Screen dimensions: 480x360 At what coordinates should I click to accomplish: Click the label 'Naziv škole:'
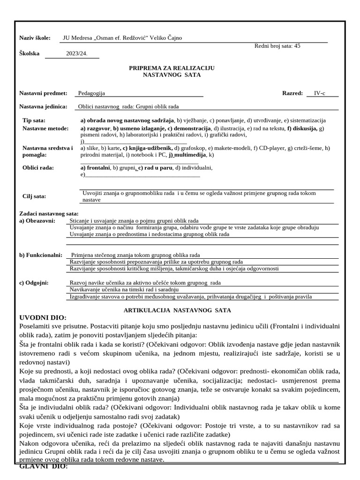coord(34,38)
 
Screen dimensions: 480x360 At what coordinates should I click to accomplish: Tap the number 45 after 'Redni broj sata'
coord(297,46)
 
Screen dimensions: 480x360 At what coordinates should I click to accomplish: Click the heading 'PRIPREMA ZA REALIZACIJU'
coord(172,68)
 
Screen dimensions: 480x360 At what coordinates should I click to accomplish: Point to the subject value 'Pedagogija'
coord(91,93)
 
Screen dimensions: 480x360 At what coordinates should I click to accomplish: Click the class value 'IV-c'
coord(319,93)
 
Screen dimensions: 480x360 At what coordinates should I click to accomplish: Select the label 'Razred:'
coord(292,93)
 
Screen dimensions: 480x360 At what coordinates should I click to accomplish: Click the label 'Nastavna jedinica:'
coord(43,106)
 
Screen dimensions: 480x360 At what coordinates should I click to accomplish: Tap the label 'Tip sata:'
coord(34,120)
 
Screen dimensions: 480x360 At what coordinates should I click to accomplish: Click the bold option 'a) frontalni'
coord(95,167)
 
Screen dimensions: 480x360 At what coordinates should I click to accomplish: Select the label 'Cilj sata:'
coord(34,196)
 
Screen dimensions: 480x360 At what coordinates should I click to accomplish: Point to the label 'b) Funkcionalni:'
coord(40,255)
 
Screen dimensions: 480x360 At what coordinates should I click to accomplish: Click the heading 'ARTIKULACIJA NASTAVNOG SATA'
coord(177,310)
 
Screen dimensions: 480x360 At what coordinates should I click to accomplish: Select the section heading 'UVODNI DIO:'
coord(43,318)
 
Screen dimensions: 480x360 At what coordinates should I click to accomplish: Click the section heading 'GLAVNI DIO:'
coord(44,466)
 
